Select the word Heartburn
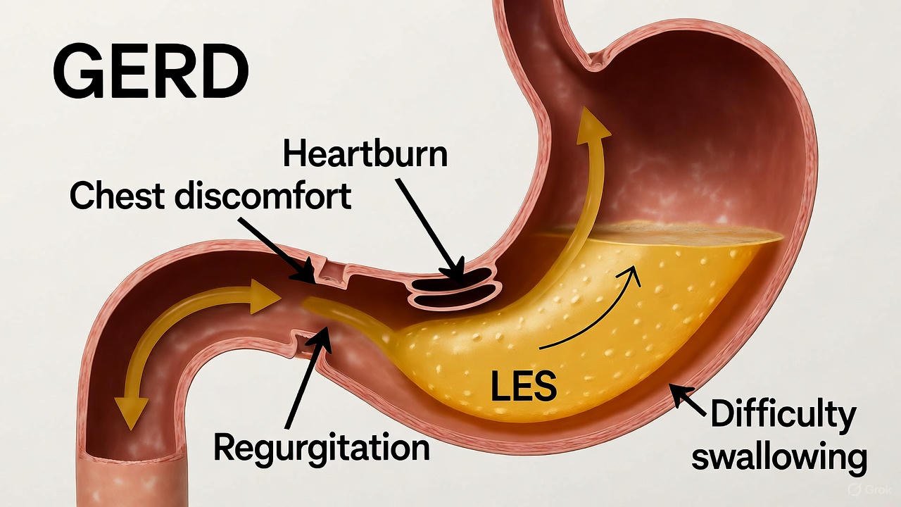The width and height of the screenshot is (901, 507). (x=365, y=154)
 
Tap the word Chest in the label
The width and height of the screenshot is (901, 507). (x=116, y=196)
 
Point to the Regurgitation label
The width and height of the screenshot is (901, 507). (x=321, y=446)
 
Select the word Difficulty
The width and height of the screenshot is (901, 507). (x=782, y=415)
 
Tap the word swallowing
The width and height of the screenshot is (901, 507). (x=779, y=457)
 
